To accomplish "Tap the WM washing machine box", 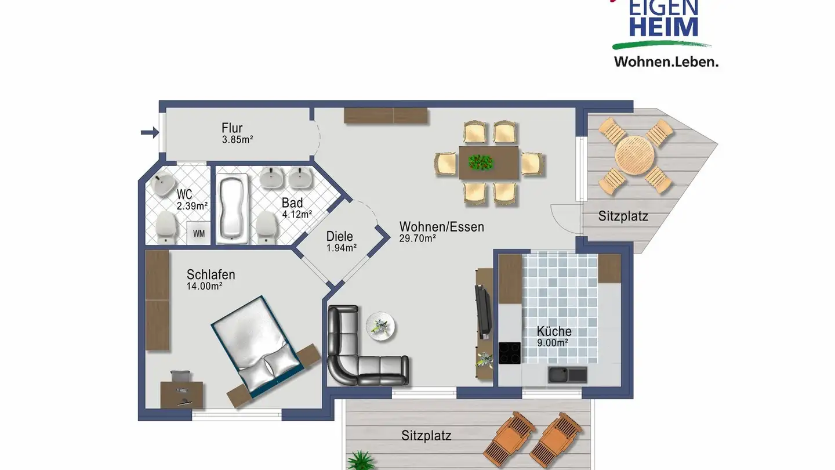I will pyautogui.click(x=198, y=233).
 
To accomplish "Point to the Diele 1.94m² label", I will pyautogui.click(x=340, y=241).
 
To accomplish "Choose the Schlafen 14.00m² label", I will pyautogui.click(x=210, y=280).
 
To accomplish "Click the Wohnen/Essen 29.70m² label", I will pyautogui.click(x=441, y=231).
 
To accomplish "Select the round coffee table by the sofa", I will pyautogui.click(x=381, y=326).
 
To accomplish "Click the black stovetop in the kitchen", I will pyautogui.click(x=510, y=353).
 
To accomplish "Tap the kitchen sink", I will pyautogui.click(x=567, y=375).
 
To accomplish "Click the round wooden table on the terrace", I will pyautogui.click(x=635, y=156).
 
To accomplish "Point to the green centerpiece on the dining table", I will pyautogui.click(x=480, y=162).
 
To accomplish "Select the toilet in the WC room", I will pyautogui.click(x=165, y=227).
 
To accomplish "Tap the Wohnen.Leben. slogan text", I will pyautogui.click(x=666, y=62).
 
